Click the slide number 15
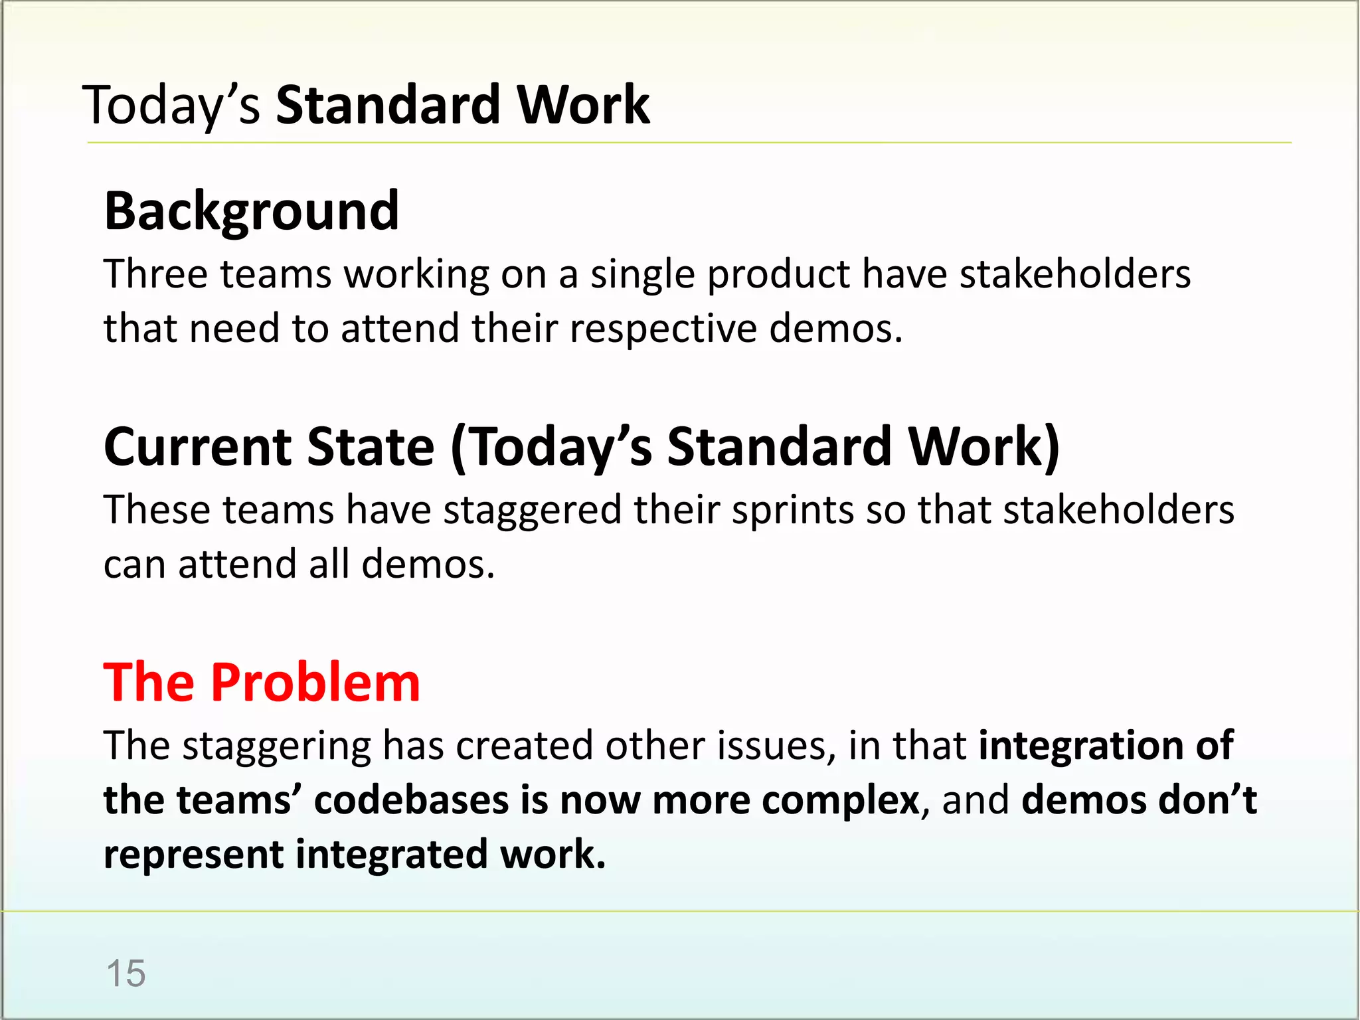(x=126, y=974)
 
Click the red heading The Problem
(x=262, y=683)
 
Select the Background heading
(x=252, y=211)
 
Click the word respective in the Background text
(x=663, y=329)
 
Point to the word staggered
(x=531, y=510)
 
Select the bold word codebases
(x=411, y=800)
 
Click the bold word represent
(x=193, y=855)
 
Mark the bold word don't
(x=1207, y=800)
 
